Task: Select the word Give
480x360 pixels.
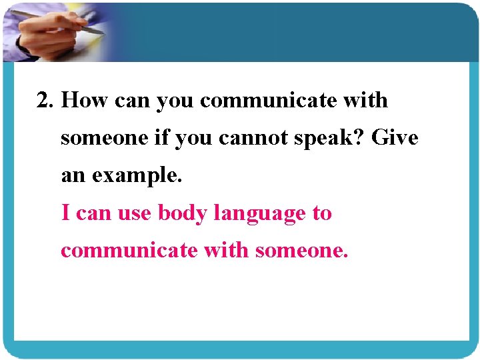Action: click(395, 138)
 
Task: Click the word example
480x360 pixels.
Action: click(137, 177)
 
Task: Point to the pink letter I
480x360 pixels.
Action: click(65, 213)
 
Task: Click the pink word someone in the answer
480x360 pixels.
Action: click(301, 251)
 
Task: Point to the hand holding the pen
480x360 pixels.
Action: click(47, 33)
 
